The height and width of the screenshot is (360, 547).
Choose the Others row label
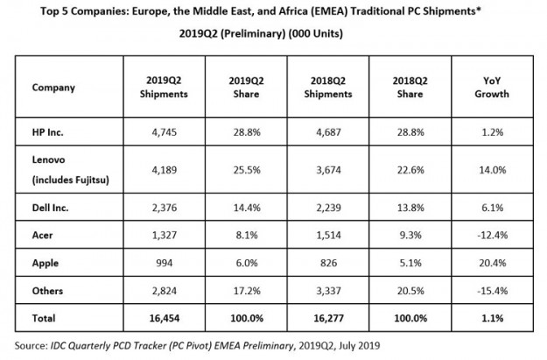47,290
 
